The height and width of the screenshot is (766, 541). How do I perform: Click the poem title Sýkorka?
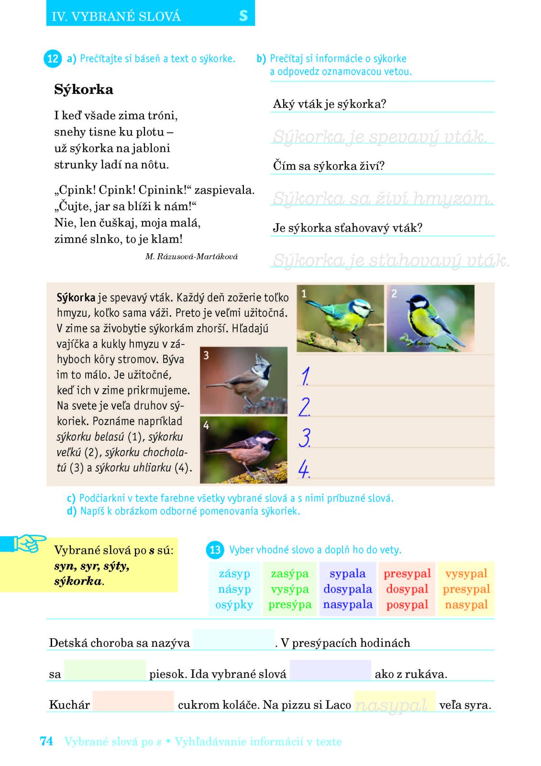[84, 90]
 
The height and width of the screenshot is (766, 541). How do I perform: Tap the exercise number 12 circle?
[53, 59]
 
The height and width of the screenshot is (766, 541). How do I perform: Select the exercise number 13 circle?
[215, 550]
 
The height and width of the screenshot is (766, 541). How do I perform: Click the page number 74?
[46, 742]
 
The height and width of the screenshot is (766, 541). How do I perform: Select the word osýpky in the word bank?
[234, 605]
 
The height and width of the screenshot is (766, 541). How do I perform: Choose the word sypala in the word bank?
[347, 574]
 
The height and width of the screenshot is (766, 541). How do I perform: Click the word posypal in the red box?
[407, 605]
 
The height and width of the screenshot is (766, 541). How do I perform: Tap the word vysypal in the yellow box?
[466, 574]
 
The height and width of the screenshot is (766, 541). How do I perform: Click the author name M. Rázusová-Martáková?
[191, 257]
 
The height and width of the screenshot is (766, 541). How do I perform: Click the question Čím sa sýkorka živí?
[329, 166]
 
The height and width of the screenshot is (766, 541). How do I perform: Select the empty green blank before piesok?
[105, 670]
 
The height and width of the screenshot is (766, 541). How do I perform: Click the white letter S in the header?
[243, 16]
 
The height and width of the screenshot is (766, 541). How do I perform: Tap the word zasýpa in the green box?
[290, 574]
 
